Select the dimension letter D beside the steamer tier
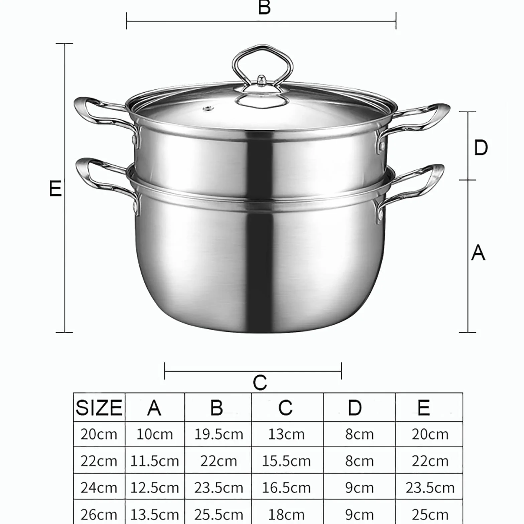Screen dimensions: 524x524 click(481, 147)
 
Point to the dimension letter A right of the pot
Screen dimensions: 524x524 click(478, 253)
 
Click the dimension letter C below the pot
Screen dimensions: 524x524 click(260, 383)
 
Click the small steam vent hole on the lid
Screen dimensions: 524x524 click(209, 108)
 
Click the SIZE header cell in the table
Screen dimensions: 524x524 click(99, 408)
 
